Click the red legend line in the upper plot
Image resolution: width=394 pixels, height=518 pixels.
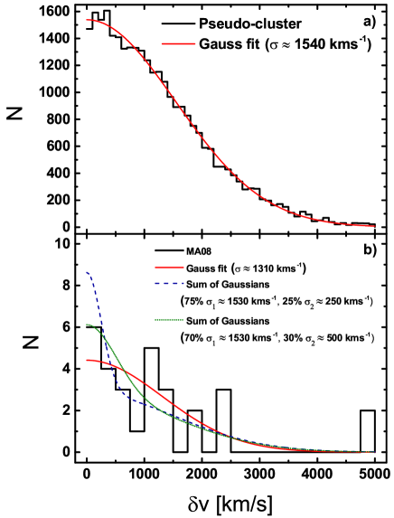point(178,43)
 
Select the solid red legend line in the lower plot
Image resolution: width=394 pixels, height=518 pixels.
point(169,267)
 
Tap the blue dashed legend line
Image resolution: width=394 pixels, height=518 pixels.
point(169,284)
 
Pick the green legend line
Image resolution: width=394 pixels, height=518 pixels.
point(169,320)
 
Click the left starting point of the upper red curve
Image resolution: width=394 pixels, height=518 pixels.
point(87,20)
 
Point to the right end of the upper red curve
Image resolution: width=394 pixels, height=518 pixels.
point(374,226)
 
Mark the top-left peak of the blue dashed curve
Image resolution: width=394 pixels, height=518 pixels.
point(87,272)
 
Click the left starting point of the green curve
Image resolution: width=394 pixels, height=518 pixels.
point(87,325)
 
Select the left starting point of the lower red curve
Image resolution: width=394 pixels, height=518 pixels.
point(87,361)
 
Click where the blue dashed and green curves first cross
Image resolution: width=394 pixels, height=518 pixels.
point(105,339)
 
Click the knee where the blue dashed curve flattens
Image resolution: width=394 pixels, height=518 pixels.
point(125,393)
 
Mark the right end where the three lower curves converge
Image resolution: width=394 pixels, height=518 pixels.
point(374,451)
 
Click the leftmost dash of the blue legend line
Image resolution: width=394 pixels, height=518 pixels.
point(158,284)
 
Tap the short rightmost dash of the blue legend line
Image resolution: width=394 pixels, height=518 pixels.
point(182,284)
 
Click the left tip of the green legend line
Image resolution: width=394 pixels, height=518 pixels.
point(155,320)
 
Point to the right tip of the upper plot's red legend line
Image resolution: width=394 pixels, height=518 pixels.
point(195,43)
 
